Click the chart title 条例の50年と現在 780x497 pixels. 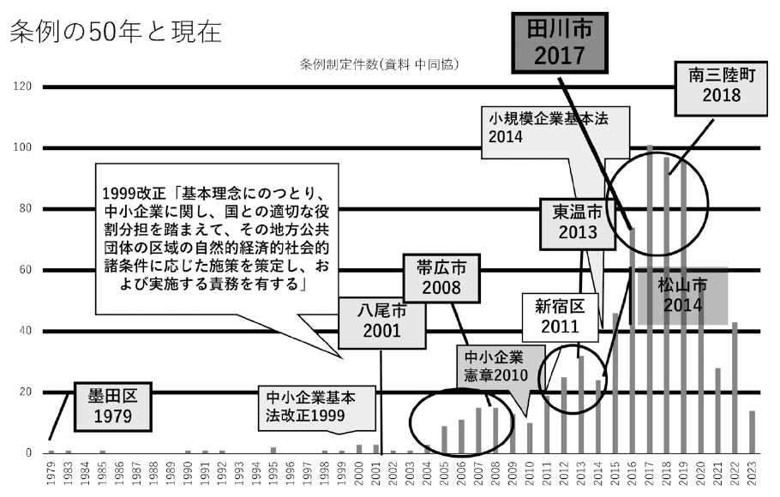(116, 32)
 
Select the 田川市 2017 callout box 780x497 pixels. (560, 43)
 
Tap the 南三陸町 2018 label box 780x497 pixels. (721, 88)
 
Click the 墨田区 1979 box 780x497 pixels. (112, 406)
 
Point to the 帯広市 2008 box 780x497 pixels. (441, 278)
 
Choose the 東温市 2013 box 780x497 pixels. (578, 223)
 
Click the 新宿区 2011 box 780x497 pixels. (560, 317)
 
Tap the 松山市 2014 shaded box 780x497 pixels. (682, 296)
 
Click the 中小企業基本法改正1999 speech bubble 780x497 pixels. (316, 408)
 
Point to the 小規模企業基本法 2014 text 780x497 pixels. (549, 128)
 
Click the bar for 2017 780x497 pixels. (650, 299)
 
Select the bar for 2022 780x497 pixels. (735, 387)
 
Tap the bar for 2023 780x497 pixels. (753, 432)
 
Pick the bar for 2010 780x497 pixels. (530, 438)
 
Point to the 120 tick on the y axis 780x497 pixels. (22, 86)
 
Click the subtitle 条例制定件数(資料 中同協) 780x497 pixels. (379, 64)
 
